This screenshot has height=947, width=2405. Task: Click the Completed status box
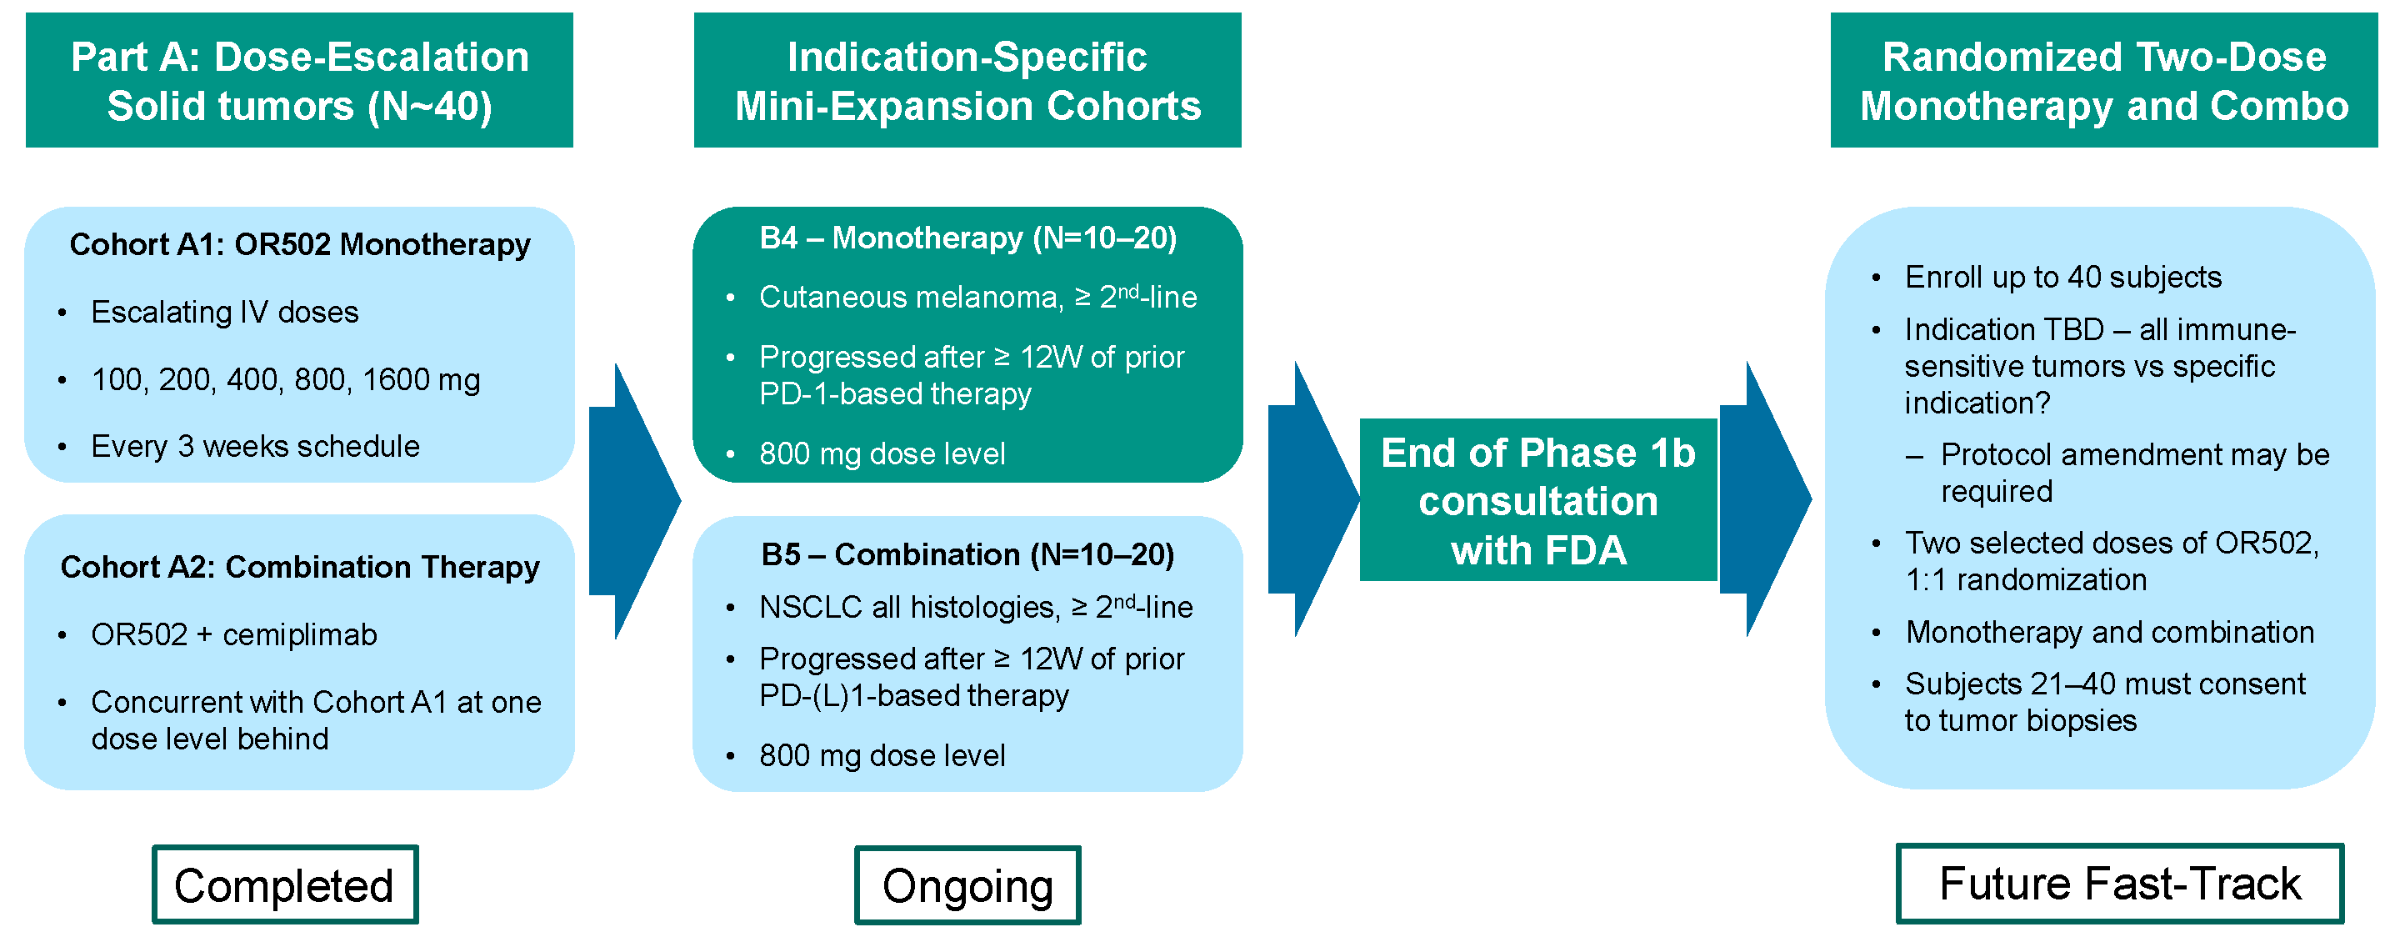click(x=285, y=884)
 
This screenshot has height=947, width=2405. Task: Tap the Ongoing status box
click(x=967, y=885)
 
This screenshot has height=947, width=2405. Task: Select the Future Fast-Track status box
click(x=2119, y=884)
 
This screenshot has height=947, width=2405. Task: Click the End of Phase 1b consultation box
click(x=1537, y=500)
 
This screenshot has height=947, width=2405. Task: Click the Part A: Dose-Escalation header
click(x=300, y=80)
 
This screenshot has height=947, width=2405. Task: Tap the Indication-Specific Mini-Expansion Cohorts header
click(x=967, y=80)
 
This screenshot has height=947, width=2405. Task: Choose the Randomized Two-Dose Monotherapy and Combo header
click(x=2103, y=80)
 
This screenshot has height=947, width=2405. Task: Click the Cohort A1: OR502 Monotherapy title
click(x=300, y=245)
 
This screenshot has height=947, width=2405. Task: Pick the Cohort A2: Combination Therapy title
click(x=300, y=567)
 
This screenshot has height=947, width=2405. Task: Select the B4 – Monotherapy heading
click(x=967, y=238)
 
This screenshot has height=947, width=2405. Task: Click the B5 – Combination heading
click(x=967, y=554)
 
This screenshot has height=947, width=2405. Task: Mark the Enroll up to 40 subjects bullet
click(x=2062, y=278)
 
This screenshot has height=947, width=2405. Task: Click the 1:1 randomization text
click(x=2026, y=580)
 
